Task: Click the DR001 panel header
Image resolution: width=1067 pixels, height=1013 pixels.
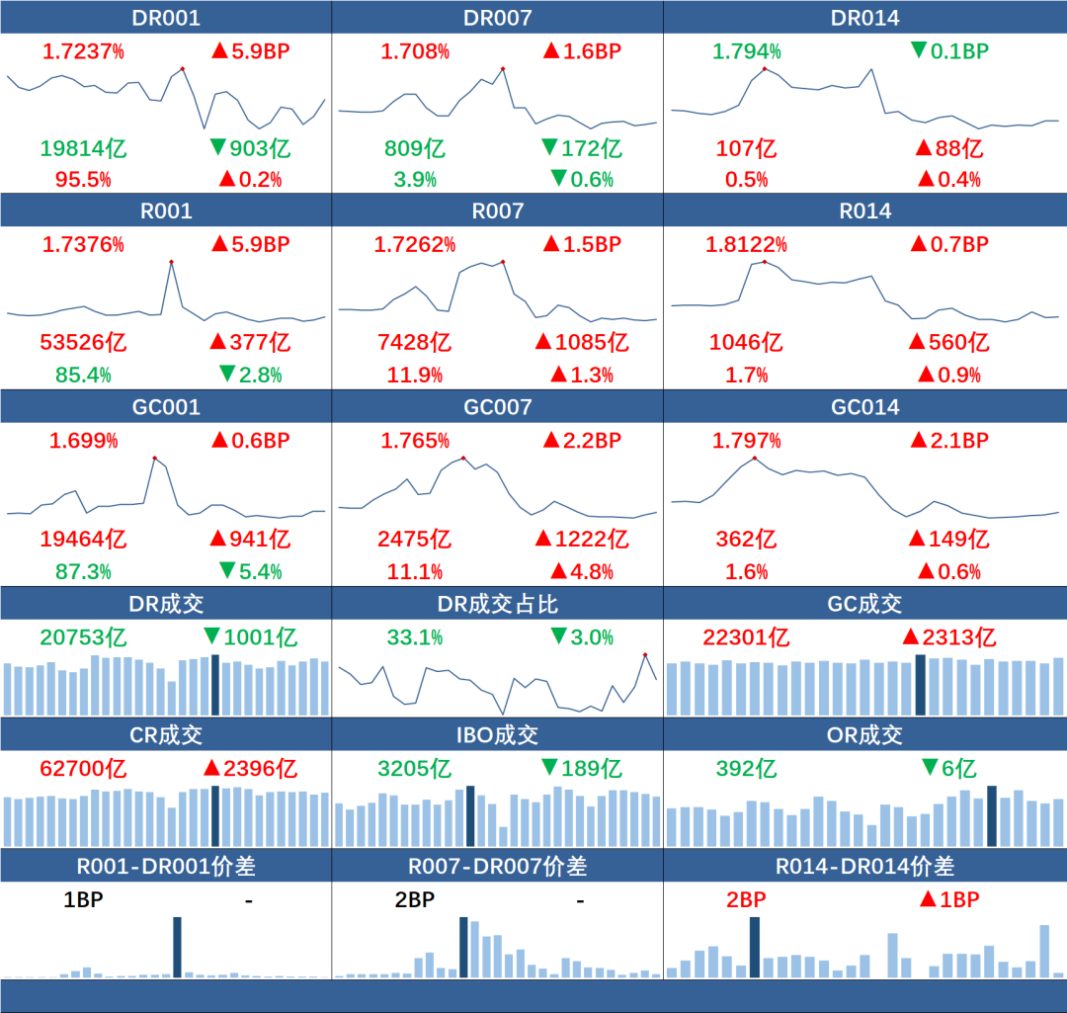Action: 165,18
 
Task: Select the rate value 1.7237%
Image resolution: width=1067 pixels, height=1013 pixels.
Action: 83,51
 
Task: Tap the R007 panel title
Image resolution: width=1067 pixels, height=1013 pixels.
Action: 497,211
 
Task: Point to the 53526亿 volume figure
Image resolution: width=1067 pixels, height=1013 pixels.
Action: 83,343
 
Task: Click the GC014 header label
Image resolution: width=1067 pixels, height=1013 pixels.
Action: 864,406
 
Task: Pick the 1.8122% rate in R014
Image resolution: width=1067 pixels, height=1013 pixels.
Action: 746,244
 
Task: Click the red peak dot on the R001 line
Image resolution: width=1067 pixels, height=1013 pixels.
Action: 171,262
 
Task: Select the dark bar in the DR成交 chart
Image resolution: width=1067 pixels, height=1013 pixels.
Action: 215,684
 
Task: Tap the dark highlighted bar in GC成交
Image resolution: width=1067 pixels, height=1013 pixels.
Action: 921,684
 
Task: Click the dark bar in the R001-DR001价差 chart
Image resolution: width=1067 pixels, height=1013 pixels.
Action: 178,947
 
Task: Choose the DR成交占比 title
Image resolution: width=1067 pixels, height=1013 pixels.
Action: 497,604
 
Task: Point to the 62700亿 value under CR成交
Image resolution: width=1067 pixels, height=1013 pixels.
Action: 83,768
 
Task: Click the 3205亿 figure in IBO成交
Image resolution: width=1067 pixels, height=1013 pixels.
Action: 414,768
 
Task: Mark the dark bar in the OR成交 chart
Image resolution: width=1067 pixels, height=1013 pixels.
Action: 992,816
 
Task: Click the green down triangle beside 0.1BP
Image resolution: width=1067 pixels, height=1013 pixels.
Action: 919,50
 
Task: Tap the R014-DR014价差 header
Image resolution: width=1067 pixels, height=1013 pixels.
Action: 864,867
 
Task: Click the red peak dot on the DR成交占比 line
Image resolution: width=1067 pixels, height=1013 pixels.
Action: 644,654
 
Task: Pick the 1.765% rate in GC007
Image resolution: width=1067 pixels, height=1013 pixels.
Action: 414,440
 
